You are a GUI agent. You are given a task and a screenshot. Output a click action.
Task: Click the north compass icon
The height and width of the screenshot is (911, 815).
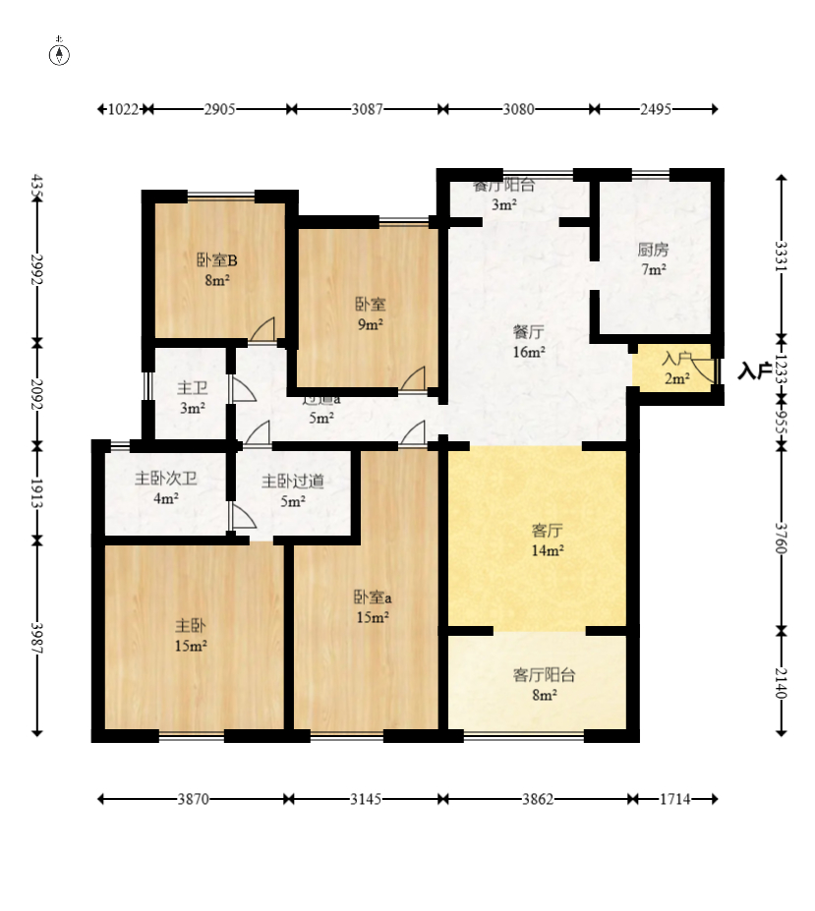[60, 53]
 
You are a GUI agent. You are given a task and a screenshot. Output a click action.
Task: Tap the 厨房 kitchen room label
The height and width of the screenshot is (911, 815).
[653, 258]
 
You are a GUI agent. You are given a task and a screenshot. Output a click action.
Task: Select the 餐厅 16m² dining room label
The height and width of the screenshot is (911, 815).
[528, 342]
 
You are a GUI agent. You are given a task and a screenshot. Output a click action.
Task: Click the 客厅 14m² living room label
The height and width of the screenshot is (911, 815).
[547, 541]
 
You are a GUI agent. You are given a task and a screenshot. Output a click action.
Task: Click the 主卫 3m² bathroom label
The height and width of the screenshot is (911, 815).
[192, 398]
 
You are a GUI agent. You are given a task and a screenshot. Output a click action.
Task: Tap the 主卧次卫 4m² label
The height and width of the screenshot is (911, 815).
[165, 489]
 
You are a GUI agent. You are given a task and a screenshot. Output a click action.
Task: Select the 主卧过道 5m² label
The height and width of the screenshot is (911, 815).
[292, 490]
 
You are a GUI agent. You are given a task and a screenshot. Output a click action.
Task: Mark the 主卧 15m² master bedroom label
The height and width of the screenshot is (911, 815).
[191, 635]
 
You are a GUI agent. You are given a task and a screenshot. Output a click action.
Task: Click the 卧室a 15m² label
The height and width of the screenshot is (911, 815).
[373, 606]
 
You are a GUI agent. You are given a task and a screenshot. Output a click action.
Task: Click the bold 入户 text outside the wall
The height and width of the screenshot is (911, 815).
[755, 370]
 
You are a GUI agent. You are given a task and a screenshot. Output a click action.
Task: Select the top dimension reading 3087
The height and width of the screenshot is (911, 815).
[367, 110]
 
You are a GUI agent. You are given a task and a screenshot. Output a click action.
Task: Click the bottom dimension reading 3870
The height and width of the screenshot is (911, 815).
[193, 799]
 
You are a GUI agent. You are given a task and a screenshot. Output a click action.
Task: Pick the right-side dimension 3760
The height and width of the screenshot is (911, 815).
[781, 537]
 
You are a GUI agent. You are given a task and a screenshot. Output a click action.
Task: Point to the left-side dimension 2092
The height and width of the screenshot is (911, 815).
[37, 396]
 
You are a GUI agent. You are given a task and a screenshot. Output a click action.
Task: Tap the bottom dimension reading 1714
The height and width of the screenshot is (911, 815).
[674, 799]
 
